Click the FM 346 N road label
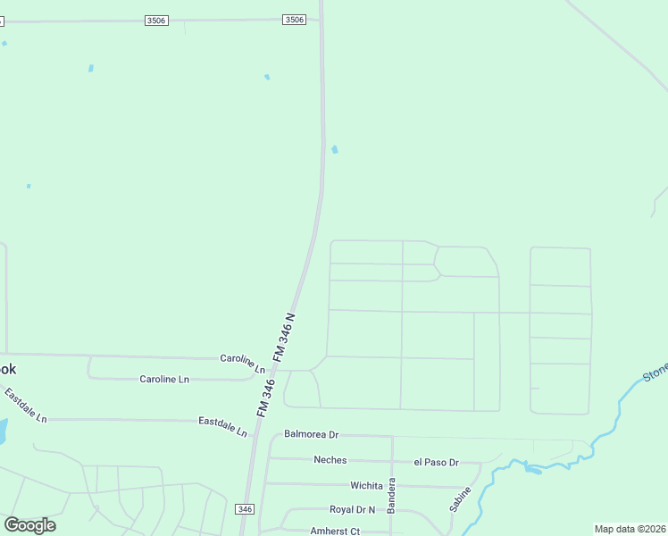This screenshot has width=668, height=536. coord(284,337)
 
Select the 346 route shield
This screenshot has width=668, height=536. coord(245,508)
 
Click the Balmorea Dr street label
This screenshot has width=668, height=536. coord(311,435)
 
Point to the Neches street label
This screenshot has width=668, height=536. coord(330,460)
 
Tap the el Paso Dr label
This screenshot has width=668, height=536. coord(436,462)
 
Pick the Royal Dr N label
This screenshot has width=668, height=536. coord(352,510)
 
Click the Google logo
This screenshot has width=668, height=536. coord(29,524)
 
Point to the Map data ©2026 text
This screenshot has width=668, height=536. coord(630,529)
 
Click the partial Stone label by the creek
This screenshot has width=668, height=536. coord(655,370)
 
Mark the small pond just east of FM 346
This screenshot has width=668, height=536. coord(335,149)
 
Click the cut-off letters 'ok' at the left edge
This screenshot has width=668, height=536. coord(7,369)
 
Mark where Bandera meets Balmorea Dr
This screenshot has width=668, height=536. coord(392,436)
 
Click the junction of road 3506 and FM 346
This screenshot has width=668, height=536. coord(321,20)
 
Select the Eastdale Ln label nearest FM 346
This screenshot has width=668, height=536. coord(223,425)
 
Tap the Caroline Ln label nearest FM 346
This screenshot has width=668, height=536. coord(244,363)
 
